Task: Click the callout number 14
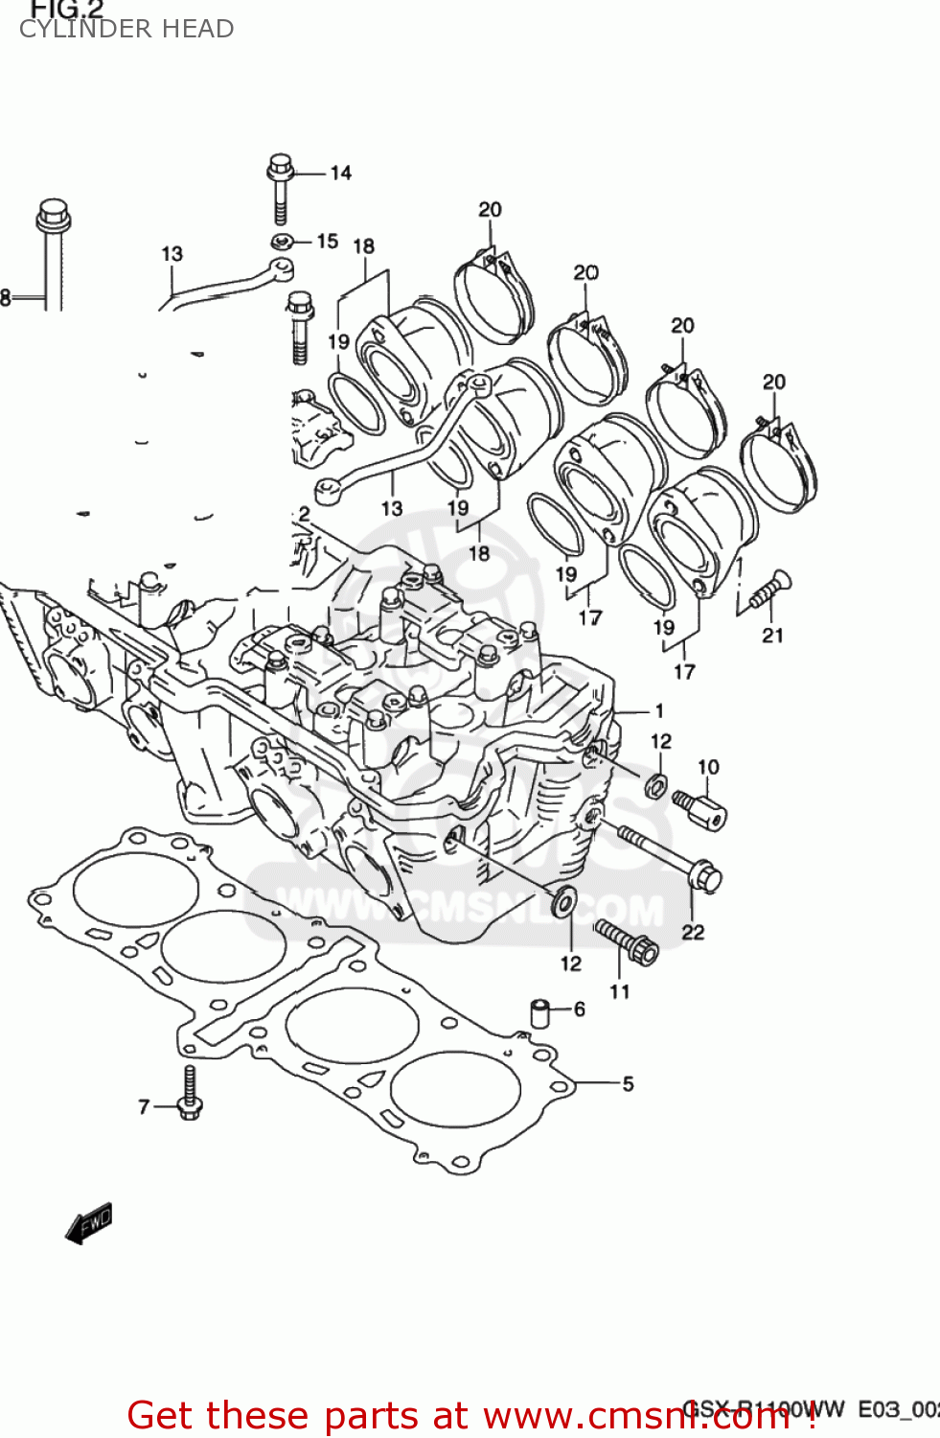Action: pyautogui.click(x=340, y=174)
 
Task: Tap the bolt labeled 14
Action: pyautogui.click(x=280, y=187)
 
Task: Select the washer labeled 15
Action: pyautogui.click(x=281, y=242)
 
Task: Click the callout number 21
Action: pyautogui.click(x=772, y=636)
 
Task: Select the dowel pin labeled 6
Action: pyautogui.click(x=541, y=1012)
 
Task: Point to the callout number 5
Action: pyautogui.click(x=628, y=1084)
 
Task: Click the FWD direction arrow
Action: pyautogui.click(x=89, y=1224)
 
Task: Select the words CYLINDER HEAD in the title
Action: pyautogui.click(x=126, y=30)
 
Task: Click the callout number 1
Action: pyautogui.click(x=659, y=710)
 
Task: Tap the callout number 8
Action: pyautogui.click(x=6, y=298)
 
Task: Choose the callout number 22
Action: pyautogui.click(x=692, y=933)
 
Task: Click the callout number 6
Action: pyautogui.click(x=579, y=1009)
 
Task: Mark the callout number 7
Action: pyautogui.click(x=144, y=1107)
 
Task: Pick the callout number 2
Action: pyautogui.click(x=304, y=514)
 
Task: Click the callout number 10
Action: pyautogui.click(x=708, y=767)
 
